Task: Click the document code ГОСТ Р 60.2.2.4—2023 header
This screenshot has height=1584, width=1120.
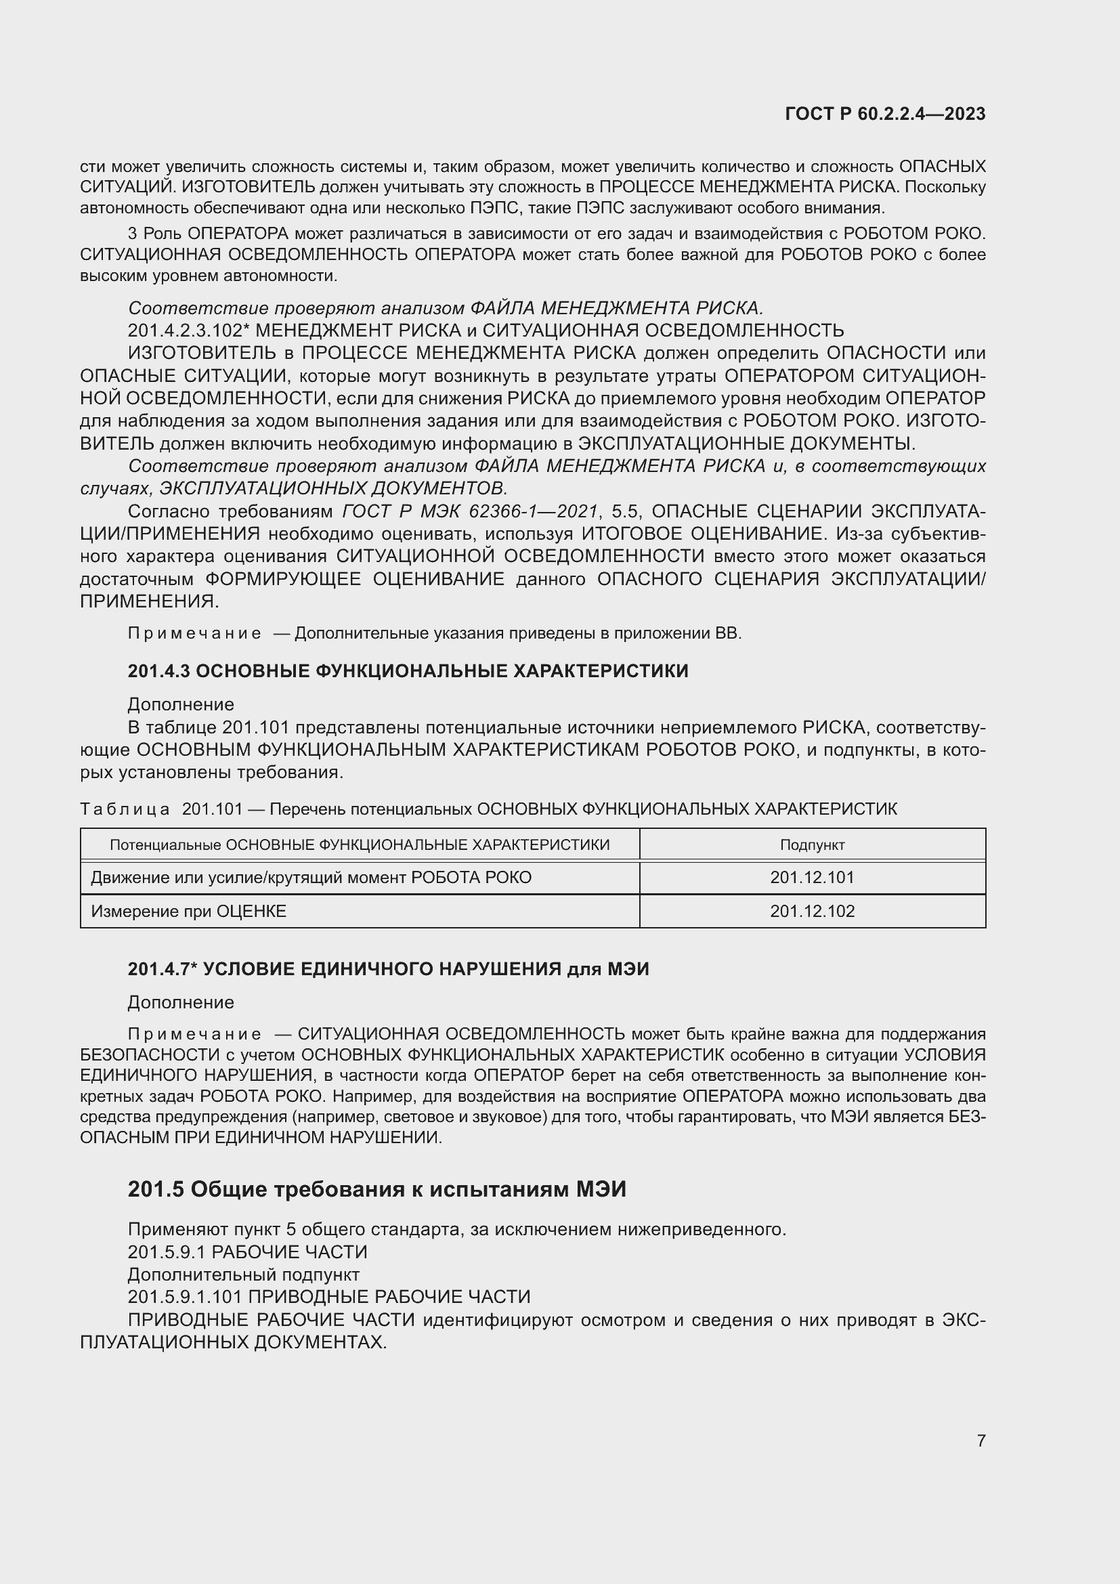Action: click(885, 114)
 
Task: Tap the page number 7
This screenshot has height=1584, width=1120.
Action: click(981, 1440)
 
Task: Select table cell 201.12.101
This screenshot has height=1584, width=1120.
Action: click(812, 878)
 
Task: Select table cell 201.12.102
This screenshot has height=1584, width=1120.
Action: click(812, 912)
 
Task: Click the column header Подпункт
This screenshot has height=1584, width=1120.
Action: click(812, 844)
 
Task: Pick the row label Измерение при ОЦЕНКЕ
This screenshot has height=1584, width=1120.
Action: click(188, 912)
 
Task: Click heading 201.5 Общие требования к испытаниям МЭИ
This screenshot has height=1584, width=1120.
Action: click(376, 1189)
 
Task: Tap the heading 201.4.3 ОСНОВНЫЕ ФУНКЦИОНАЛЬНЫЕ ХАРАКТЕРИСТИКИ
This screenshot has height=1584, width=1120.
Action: click(408, 670)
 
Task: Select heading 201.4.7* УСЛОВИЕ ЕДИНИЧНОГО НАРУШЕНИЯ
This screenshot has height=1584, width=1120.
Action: click(388, 969)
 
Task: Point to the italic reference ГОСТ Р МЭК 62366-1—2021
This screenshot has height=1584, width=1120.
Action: click(469, 511)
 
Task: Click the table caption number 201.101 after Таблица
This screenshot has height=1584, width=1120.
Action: click(213, 809)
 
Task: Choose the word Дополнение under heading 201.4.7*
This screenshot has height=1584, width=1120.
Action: click(181, 1002)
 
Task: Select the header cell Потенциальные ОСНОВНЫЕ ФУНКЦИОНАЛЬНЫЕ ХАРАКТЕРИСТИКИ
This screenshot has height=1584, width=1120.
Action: click(360, 844)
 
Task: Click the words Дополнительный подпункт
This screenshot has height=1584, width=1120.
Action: click(243, 1275)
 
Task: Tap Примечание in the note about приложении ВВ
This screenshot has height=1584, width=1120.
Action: click(194, 633)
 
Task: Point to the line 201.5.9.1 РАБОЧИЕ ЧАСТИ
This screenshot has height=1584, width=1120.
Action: click(247, 1251)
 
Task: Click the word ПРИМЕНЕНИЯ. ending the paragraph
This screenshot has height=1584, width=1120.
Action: click(149, 601)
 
